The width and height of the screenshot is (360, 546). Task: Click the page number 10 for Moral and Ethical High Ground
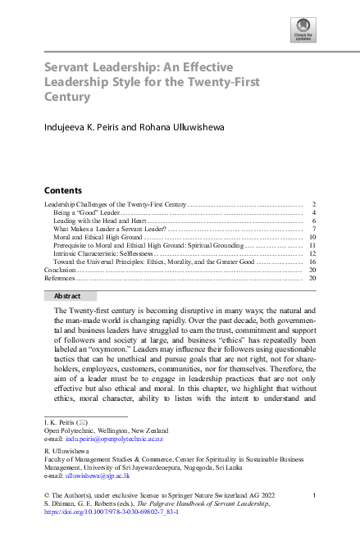(x=312, y=237)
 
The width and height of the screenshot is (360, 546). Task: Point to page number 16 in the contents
(x=312, y=262)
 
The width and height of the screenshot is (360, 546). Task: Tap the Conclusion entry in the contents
(x=60, y=270)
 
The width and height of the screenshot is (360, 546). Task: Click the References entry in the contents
(x=60, y=278)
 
